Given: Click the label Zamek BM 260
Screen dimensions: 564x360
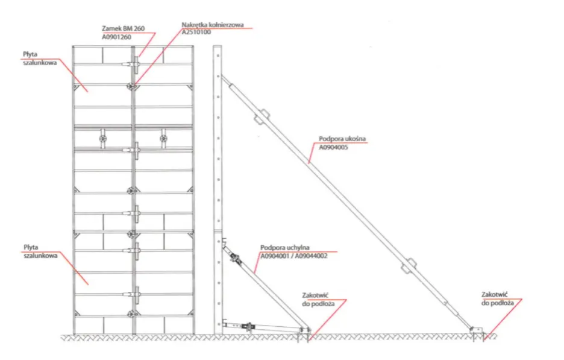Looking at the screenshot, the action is (124, 28).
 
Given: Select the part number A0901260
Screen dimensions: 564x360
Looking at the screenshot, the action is (116, 37).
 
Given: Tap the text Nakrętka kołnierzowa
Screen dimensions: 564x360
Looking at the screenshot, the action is (213, 25).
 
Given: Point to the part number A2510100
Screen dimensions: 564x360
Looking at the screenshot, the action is (196, 32).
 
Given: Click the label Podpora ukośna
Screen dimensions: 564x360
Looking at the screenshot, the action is (342, 139).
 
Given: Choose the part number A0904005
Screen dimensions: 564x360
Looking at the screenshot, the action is (333, 147).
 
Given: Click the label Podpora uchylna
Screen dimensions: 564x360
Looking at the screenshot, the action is (285, 248).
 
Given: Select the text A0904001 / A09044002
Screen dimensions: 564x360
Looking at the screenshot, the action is (294, 256).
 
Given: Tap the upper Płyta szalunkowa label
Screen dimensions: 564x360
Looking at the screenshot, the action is (40, 58).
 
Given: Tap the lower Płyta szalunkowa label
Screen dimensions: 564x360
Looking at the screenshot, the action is (40, 251).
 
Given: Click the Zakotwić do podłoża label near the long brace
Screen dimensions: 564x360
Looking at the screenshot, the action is (498, 299).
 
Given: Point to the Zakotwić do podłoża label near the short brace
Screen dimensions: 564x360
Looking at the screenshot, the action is (318, 300).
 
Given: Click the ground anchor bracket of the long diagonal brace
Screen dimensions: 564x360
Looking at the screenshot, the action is (476, 330).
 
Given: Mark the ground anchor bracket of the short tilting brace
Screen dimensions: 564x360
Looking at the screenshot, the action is (304, 330).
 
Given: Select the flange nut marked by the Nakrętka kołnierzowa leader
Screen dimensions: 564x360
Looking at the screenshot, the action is (131, 87).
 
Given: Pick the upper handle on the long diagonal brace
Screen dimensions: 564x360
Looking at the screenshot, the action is (262, 116).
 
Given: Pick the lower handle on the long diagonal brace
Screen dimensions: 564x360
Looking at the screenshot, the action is (409, 267).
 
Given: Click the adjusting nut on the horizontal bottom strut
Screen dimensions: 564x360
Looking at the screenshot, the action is (248, 326).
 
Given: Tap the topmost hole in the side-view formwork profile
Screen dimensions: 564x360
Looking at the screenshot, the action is (218, 56).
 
